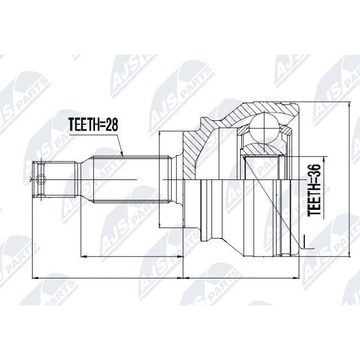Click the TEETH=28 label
93,125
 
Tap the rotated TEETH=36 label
314,190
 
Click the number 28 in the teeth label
112,125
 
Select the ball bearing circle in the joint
264,129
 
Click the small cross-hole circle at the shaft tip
41,179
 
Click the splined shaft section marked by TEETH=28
132,179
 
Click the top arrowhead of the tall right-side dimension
349,105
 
